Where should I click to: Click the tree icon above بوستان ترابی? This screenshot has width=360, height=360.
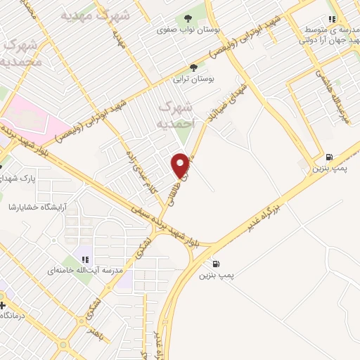pyautogui.click(x=193, y=68)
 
